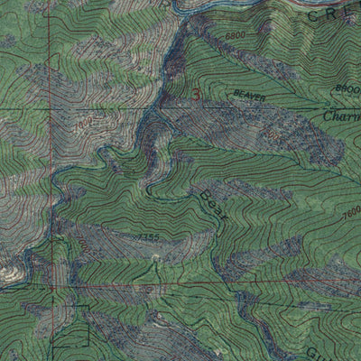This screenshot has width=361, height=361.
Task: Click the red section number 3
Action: tap(198, 92)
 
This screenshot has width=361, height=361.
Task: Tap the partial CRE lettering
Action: tap(330, 17)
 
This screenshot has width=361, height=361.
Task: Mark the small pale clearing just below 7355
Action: tap(155, 257)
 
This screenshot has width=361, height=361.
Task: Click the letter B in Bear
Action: tap(204, 195)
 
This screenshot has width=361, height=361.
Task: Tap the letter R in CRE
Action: tap(330, 17)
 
